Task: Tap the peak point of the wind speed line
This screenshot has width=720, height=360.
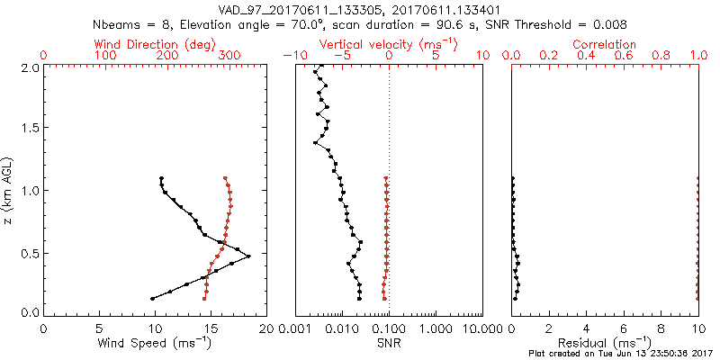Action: pos(248,256)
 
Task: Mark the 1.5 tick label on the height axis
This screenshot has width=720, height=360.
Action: pos(29,129)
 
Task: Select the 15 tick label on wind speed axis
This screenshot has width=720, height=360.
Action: pos(211,328)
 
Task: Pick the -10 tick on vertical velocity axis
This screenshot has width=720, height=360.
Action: pos(291,55)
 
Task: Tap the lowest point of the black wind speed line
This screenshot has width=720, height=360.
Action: pos(152,298)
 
